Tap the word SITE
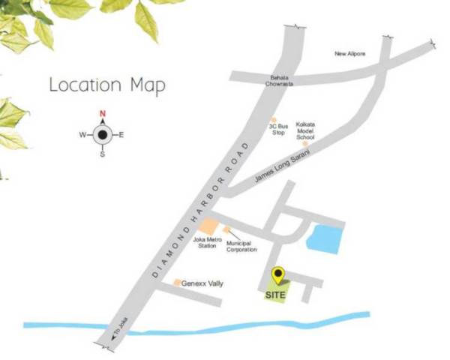(x=276, y=295)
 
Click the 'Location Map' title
(x=106, y=84)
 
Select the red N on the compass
(x=102, y=115)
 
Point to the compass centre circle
(x=102, y=135)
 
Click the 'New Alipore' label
(x=350, y=54)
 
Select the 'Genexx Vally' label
(x=205, y=283)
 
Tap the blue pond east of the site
(x=325, y=238)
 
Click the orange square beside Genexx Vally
(x=177, y=283)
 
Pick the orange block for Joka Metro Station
(x=211, y=227)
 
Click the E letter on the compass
(x=121, y=135)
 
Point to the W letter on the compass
(x=82, y=135)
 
